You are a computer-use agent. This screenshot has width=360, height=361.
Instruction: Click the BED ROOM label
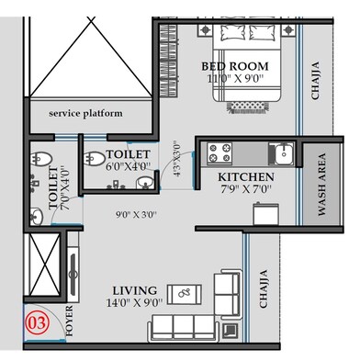(x=236, y=66)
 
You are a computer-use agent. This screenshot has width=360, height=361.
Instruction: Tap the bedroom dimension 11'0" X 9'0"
(x=236, y=79)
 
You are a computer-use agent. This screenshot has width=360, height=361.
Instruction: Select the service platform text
(x=85, y=114)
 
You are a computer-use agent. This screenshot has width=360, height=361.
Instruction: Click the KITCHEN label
(x=245, y=176)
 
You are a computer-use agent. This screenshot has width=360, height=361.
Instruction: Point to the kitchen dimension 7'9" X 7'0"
(x=245, y=189)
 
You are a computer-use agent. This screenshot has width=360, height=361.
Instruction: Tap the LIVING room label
(x=132, y=289)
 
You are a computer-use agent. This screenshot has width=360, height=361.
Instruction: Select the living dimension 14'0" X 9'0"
(x=131, y=302)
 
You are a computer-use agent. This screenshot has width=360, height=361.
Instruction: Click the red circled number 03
(x=38, y=322)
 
